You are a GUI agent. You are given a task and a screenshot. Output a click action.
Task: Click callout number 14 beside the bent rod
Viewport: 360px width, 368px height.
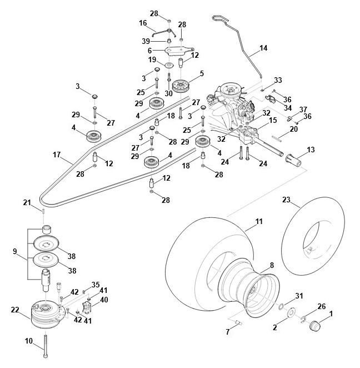tap(263, 48)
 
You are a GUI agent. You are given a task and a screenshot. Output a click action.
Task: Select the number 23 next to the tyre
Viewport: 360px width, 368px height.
tap(287, 199)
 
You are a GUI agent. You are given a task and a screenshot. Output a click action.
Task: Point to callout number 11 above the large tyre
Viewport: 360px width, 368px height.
tap(259, 222)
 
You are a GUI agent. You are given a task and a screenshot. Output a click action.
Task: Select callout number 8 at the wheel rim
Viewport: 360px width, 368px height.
tap(271, 265)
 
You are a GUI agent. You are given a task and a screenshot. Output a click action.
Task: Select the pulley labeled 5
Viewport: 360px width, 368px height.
tap(181, 86)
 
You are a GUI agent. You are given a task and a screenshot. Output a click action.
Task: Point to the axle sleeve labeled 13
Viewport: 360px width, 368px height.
tap(293, 161)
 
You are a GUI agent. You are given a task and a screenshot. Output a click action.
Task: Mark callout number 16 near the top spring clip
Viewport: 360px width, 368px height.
tap(143, 23)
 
